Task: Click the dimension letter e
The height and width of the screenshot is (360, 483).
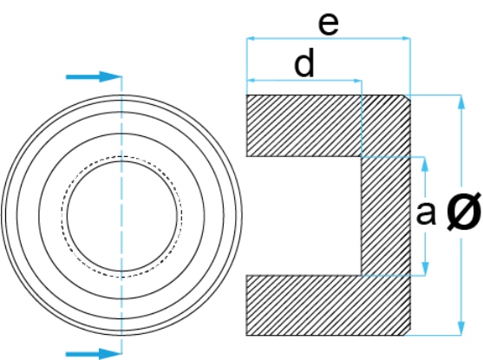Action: [x=329, y=24]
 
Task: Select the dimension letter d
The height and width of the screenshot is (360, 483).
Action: [x=304, y=62]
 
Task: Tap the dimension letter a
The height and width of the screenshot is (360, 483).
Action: [x=426, y=213]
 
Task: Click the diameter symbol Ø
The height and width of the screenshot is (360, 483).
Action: [x=464, y=211]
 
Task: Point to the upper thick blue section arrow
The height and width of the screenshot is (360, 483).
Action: [x=94, y=76]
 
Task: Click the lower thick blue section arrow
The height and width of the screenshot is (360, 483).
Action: [x=94, y=354]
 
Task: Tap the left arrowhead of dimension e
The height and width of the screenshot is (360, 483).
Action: [x=251, y=38]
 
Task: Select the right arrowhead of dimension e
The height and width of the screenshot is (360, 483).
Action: [x=406, y=38]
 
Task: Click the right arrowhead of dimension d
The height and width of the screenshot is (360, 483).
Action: [x=357, y=81]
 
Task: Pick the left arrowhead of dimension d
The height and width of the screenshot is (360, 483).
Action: [x=251, y=81]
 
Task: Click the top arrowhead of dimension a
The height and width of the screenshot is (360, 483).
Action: [x=425, y=164]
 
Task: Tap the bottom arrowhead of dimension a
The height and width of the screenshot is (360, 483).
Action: [x=425, y=268]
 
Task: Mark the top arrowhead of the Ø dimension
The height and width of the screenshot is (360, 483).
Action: [x=461, y=101]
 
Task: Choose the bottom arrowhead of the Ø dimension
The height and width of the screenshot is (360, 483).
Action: [x=461, y=328]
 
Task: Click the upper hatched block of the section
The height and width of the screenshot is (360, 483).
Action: [x=329, y=126]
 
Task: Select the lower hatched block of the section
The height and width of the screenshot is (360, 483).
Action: [x=329, y=305]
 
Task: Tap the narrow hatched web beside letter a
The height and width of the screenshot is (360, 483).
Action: [x=386, y=216]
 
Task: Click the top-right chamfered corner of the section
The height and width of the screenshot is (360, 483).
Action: [x=408, y=97]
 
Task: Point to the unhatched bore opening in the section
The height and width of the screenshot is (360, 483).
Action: [x=304, y=216]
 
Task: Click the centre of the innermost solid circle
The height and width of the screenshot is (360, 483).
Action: [x=122, y=216]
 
